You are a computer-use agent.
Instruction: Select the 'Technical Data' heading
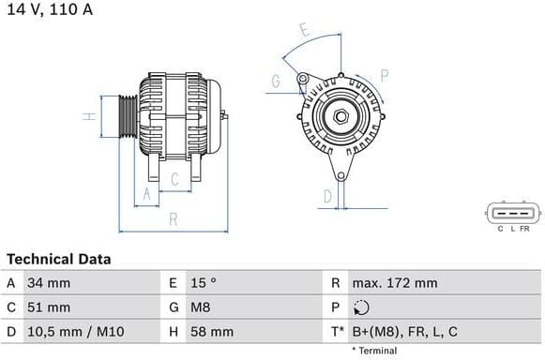click(58, 259)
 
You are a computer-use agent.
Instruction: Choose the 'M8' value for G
click(201, 307)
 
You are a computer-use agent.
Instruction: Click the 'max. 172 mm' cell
click(395, 282)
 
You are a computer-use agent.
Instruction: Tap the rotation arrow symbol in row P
click(362, 307)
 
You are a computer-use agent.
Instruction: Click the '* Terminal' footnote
click(374, 351)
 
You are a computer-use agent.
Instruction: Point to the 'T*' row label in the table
click(338, 331)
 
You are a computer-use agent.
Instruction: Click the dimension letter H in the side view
click(85, 117)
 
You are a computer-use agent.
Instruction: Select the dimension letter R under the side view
click(174, 219)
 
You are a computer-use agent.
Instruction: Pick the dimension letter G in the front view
click(275, 82)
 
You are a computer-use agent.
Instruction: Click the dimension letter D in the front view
click(327, 196)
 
